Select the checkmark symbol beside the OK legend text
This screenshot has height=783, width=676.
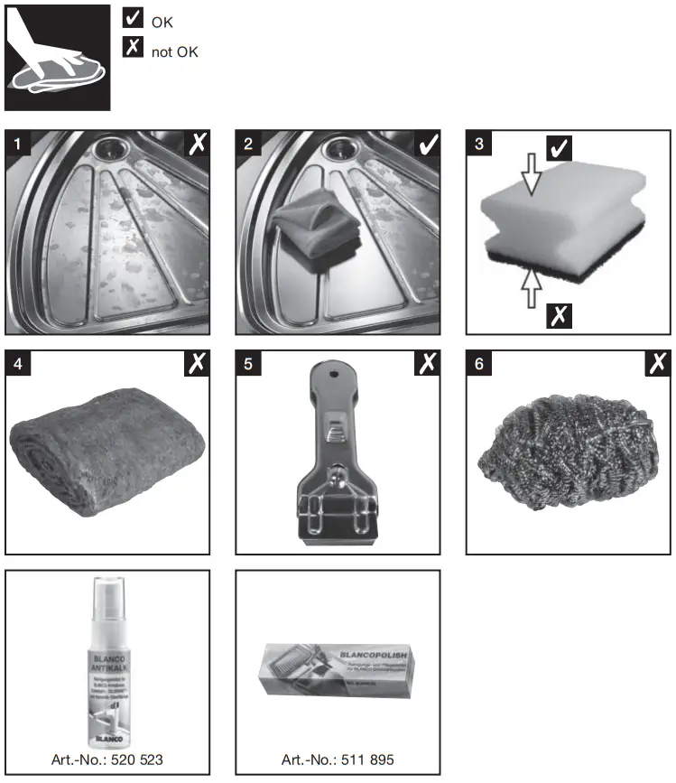coord(134,19)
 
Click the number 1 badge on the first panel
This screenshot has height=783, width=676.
coord(17,143)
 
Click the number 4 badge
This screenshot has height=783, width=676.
coord(17,363)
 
